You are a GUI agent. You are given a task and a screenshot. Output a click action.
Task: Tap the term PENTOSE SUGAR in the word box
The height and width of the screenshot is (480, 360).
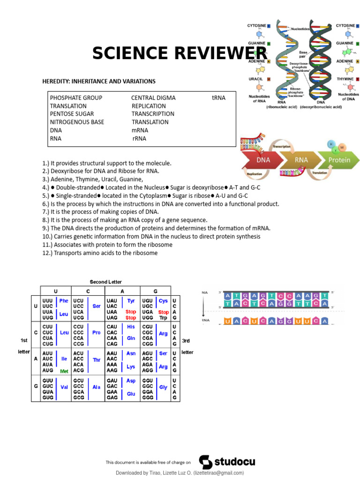[72, 114]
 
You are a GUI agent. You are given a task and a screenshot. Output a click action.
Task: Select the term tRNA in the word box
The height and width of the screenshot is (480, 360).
[218, 98]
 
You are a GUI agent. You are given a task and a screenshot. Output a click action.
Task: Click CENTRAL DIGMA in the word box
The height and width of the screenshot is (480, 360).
[153, 98]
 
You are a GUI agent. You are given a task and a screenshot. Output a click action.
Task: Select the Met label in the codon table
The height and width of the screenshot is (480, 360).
[64, 371]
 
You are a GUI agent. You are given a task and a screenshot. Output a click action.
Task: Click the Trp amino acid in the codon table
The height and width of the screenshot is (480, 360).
[163, 318]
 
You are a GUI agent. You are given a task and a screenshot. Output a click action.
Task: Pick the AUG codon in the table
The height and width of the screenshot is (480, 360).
[48, 370]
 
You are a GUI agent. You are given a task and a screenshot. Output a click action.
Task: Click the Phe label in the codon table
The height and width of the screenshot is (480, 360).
[64, 300]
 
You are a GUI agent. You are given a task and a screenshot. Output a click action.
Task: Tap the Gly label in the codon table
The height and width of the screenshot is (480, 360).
[163, 387]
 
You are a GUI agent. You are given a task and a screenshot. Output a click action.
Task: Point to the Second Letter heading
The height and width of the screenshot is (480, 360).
[105, 282]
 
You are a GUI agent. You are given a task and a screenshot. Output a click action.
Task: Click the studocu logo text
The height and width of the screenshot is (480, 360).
[234, 462]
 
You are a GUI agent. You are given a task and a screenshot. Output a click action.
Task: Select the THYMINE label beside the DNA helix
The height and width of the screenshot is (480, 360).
[345, 79]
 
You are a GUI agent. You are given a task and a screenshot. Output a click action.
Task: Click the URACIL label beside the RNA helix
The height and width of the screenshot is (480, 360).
[255, 79]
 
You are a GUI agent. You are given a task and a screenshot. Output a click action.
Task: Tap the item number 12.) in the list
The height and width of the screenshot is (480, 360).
[47, 253]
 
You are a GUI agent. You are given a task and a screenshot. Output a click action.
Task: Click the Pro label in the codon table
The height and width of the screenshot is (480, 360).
[97, 332]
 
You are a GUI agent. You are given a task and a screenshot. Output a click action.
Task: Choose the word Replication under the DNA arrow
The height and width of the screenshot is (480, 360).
[254, 173]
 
